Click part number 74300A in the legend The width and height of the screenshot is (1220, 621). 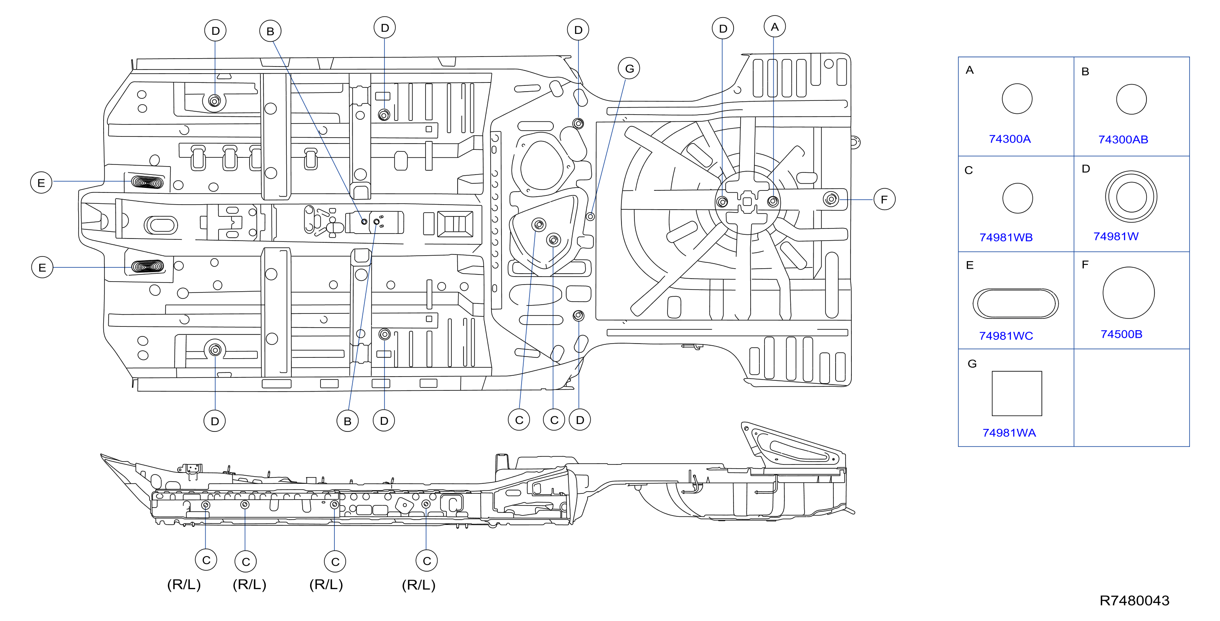click(x=1010, y=139)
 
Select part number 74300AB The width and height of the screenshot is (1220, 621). click(x=1123, y=139)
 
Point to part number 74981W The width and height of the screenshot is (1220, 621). click(x=1116, y=236)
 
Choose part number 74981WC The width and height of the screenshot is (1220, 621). click(x=1006, y=336)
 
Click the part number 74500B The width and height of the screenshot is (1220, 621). click(x=1121, y=334)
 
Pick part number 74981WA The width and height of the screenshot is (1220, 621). click(x=1009, y=433)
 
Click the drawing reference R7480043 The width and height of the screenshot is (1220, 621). click(x=1134, y=600)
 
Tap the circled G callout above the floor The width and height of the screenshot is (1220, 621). click(x=629, y=69)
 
